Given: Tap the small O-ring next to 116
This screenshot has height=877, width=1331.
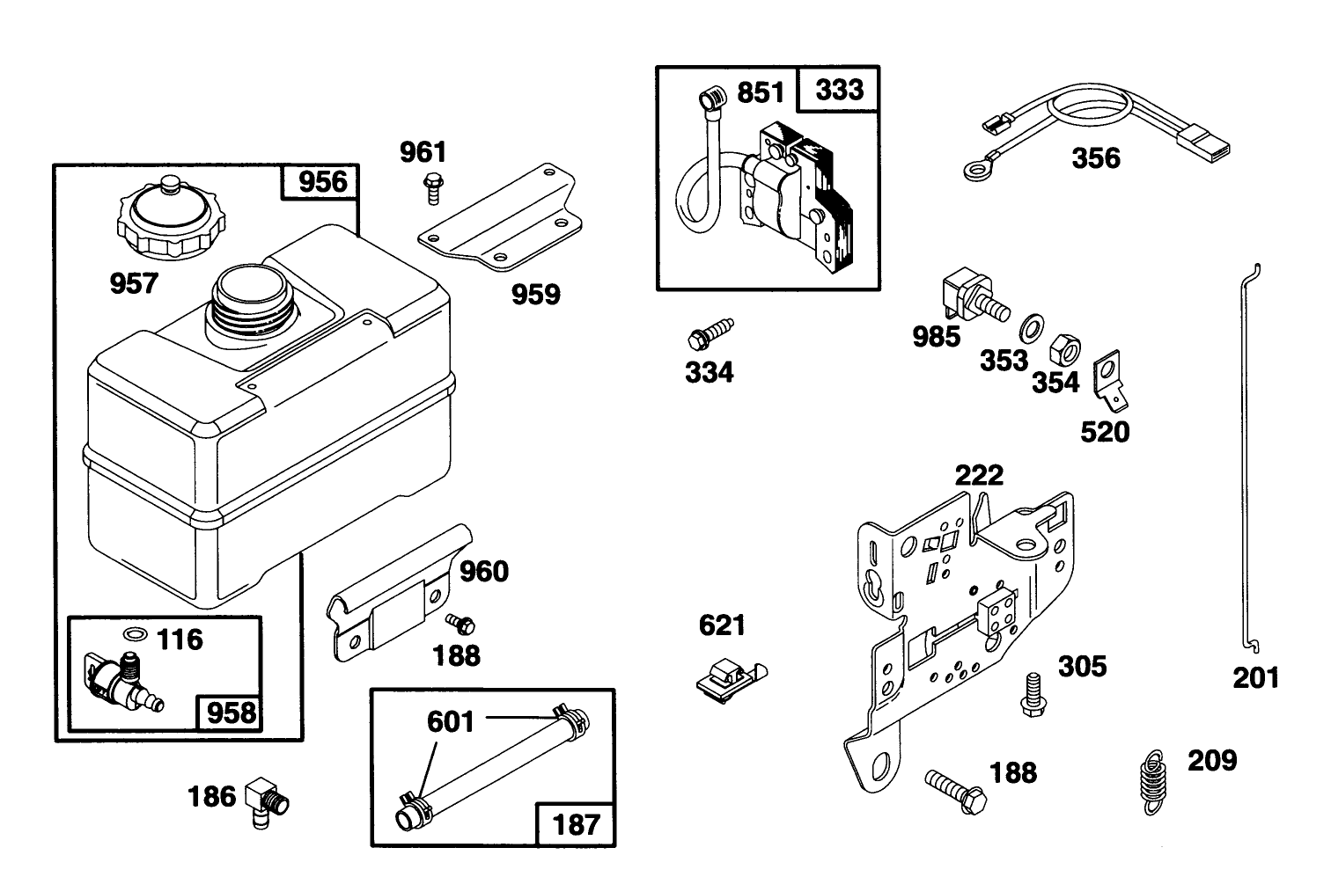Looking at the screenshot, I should point(135,634).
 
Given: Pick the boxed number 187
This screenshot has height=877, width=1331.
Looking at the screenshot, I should point(575,824).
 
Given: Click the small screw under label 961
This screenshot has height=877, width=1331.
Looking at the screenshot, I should point(432,186).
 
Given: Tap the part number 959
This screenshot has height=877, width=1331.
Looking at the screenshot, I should point(535,294).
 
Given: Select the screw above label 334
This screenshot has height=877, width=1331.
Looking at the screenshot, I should point(710,334).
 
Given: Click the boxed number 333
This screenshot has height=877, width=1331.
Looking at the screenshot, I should point(838,90).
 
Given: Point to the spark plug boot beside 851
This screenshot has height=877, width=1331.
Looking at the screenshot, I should point(710,98).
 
